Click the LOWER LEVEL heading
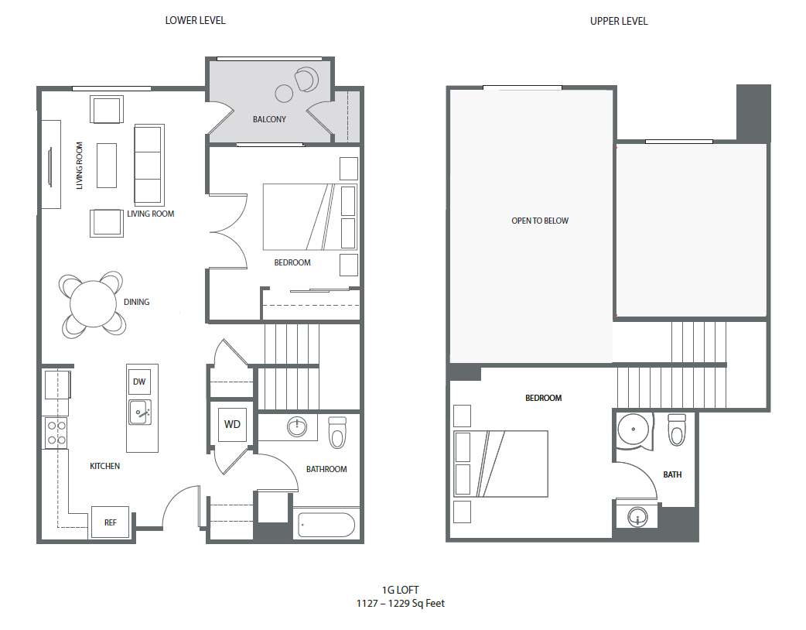click(x=195, y=21)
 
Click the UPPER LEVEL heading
click(x=618, y=21)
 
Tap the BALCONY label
click(x=269, y=119)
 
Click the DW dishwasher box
click(x=139, y=382)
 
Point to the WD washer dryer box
click(x=232, y=424)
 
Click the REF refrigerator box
click(x=111, y=522)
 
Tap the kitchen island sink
click(x=139, y=412)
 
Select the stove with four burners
click(x=56, y=432)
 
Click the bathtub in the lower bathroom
click(x=326, y=525)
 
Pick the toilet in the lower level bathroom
click(x=337, y=433)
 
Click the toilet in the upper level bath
click(x=677, y=430)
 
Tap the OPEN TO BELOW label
click(x=539, y=221)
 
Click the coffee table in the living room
click(x=107, y=165)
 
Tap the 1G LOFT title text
click(x=401, y=590)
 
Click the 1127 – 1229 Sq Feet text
click(x=401, y=603)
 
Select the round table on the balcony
click(x=284, y=94)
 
